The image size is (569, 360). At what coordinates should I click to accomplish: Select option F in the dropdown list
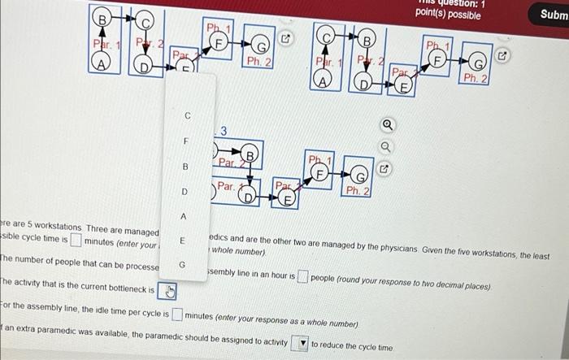coord(185,141)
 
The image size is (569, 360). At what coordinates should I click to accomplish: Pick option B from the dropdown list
coord(185,166)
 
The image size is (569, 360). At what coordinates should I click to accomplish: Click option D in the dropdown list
coord(185,192)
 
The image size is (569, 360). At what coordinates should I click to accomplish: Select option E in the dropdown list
coord(184,241)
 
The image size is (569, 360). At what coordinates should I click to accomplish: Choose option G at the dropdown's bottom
coord(184,265)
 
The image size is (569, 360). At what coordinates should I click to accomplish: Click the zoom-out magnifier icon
coord(386,147)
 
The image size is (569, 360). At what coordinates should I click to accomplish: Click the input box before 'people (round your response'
coord(302,275)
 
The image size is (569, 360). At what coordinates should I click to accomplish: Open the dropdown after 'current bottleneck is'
coord(167,291)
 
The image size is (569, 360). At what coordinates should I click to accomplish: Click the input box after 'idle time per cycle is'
coord(177,314)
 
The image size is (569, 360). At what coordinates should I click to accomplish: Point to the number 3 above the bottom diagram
coord(224,131)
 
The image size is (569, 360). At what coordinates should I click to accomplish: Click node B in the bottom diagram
coord(250,154)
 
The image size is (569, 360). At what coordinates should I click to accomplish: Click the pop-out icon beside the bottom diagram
coord(386,171)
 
